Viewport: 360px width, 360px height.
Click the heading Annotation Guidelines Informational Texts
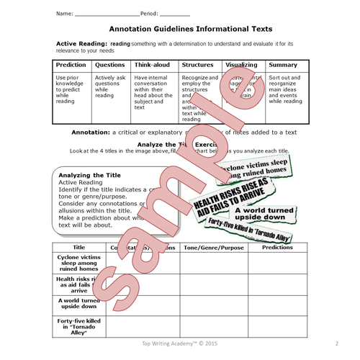[x=190, y=30]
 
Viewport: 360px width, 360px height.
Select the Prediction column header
[x=71, y=65]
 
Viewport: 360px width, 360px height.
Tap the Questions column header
[x=109, y=65]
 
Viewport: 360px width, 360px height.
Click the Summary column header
[x=282, y=65]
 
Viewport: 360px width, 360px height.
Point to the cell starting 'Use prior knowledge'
[x=71, y=88]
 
